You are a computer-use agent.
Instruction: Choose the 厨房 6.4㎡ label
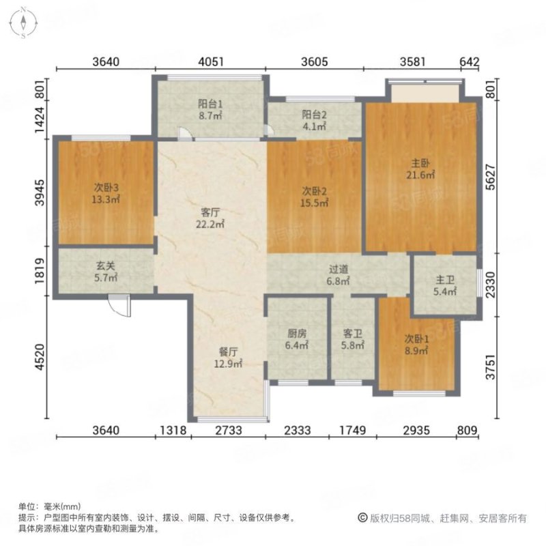(297, 340)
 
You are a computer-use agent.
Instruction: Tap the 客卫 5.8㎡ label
(352, 340)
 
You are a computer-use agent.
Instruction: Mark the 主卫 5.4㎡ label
(446, 286)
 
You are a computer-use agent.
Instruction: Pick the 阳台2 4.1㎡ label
(314, 120)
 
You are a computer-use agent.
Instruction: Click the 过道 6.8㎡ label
(339, 275)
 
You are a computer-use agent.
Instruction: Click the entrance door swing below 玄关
(119, 306)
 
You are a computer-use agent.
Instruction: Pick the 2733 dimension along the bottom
(229, 430)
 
